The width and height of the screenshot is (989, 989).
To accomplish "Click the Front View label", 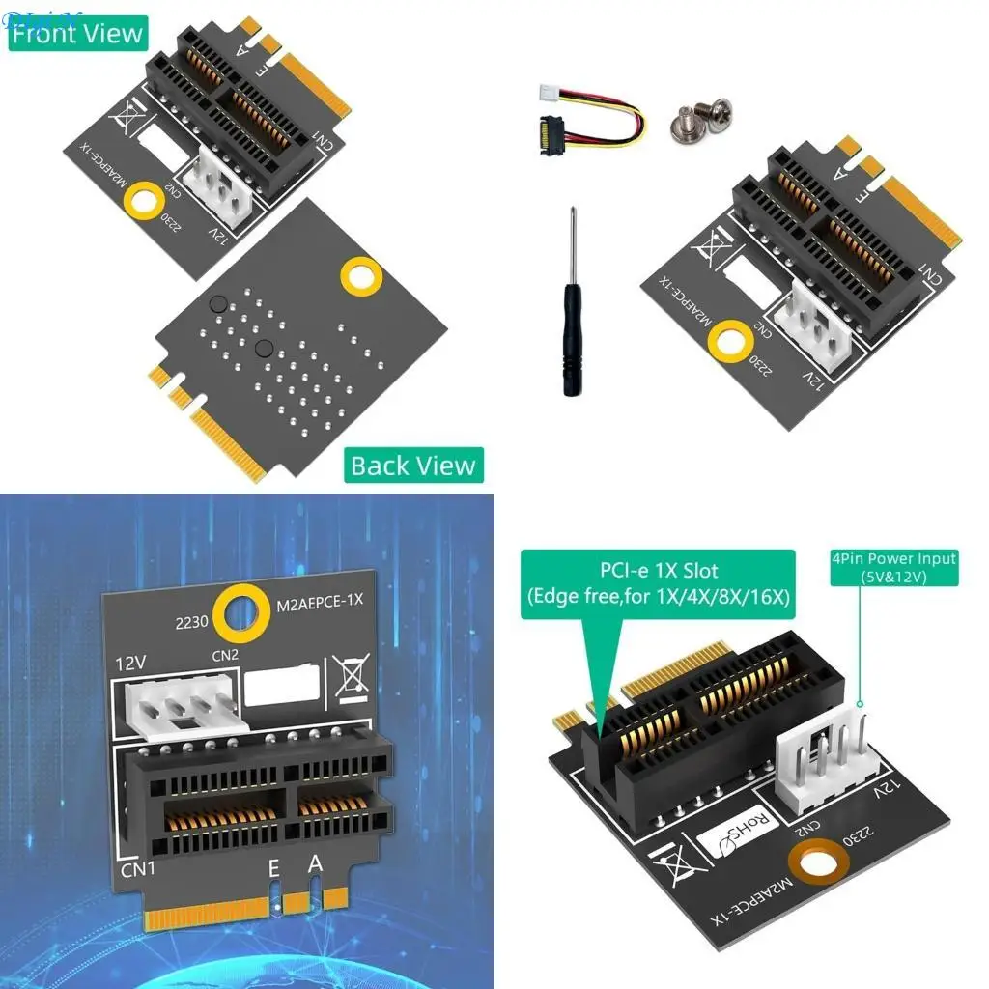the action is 77,34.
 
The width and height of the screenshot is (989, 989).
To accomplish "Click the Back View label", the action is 412,466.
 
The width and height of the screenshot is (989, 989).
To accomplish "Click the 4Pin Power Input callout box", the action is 894,567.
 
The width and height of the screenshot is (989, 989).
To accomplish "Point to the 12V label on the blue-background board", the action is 131,664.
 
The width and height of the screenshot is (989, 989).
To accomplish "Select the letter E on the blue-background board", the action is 273,869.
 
